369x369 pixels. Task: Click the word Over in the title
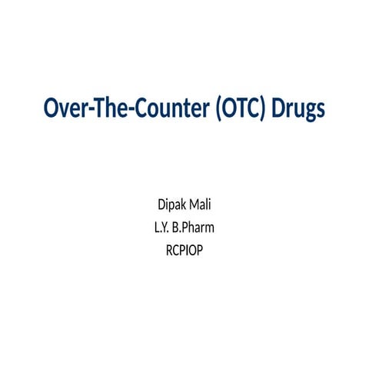(x=61, y=109)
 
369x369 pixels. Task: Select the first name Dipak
(x=171, y=206)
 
